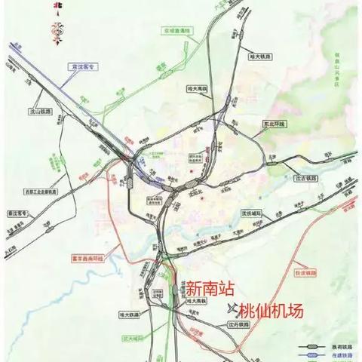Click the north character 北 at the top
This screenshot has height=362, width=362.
coord(54,9)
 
